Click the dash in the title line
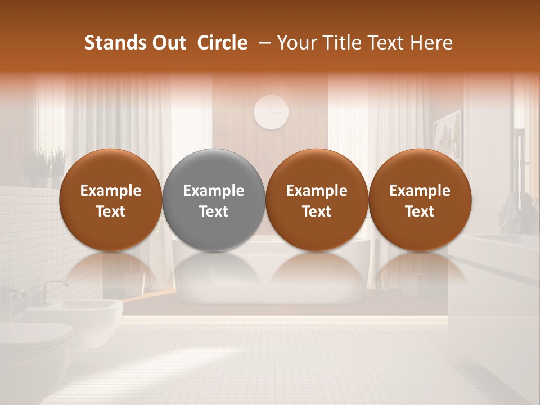pyautogui.click(x=262, y=43)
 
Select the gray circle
pyautogui.click(x=214, y=199)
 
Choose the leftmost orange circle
pyautogui.click(x=110, y=199)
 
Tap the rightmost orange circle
pyautogui.click(x=420, y=199)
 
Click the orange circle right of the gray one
pyautogui.click(x=317, y=199)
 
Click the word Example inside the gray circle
pyautogui.click(x=214, y=191)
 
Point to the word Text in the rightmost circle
pyautogui.click(x=420, y=211)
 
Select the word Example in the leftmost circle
pyautogui.click(x=110, y=191)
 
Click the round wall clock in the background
pyautogui.click(x=271, y=111)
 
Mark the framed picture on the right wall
pyautogui.click(x=448, y=135)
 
